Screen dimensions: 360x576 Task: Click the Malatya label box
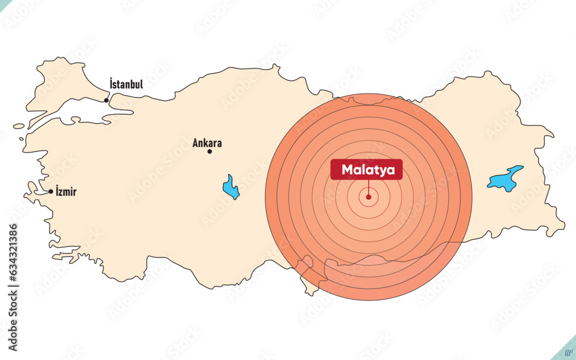point(366,170)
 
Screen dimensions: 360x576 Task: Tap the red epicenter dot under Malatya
point(369,197)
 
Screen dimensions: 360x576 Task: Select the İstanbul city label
point(126,84)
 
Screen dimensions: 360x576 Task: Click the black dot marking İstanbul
point(107,101)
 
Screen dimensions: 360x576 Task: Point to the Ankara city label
point(207,143)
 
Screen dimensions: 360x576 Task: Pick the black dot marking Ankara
point(210,151)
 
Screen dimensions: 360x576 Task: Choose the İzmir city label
point(66,192)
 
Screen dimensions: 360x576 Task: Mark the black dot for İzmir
point(51,191)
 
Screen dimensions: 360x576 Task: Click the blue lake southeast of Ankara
point(231,187)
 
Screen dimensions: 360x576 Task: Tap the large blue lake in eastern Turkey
point(505,179)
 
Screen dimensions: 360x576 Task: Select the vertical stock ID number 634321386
point(13,253)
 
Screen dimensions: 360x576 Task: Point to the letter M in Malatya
point(347,170)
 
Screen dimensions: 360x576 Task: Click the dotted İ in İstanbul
point(111,84)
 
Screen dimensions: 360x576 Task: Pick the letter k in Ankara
point(207,143)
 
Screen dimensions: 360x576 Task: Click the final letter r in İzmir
point(74,192)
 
